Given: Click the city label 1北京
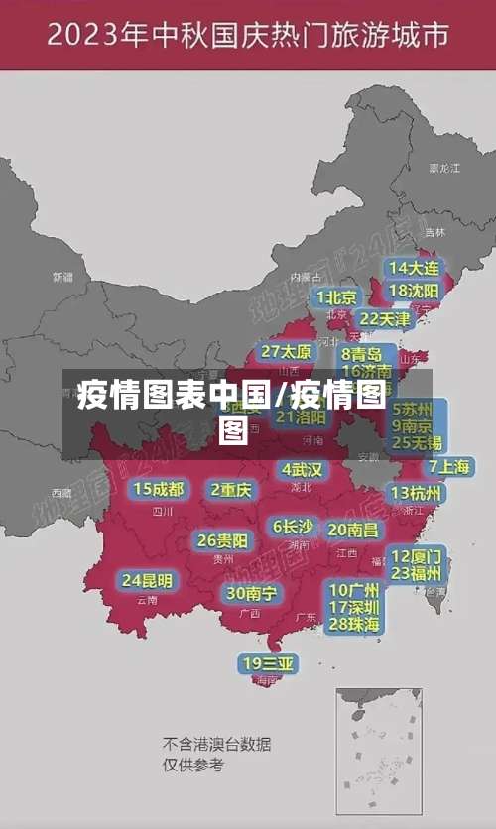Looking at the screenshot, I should (336, 297).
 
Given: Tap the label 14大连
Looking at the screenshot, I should (414, 268).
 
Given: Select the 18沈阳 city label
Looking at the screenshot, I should (414, 291).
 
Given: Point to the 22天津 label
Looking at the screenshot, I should (384, 319).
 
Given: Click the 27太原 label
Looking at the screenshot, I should (287, 352).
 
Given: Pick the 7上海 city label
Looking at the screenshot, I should (449, 467).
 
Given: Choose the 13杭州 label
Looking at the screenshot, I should (417, 493).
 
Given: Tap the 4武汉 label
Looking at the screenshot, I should (302, 469).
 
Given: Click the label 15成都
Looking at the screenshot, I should (159, 489).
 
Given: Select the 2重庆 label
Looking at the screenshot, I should (231, 489).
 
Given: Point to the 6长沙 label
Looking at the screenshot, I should (294, 527).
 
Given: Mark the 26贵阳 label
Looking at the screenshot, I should (222, 540).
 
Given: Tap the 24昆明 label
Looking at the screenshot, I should (147, 580).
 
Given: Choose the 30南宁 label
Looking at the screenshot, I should (251, 593).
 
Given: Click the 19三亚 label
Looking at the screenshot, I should (268, 664).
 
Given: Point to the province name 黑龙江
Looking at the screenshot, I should (444, 169).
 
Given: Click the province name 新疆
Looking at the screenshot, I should (62, 277).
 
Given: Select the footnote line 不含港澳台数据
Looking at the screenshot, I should (216, 744).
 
